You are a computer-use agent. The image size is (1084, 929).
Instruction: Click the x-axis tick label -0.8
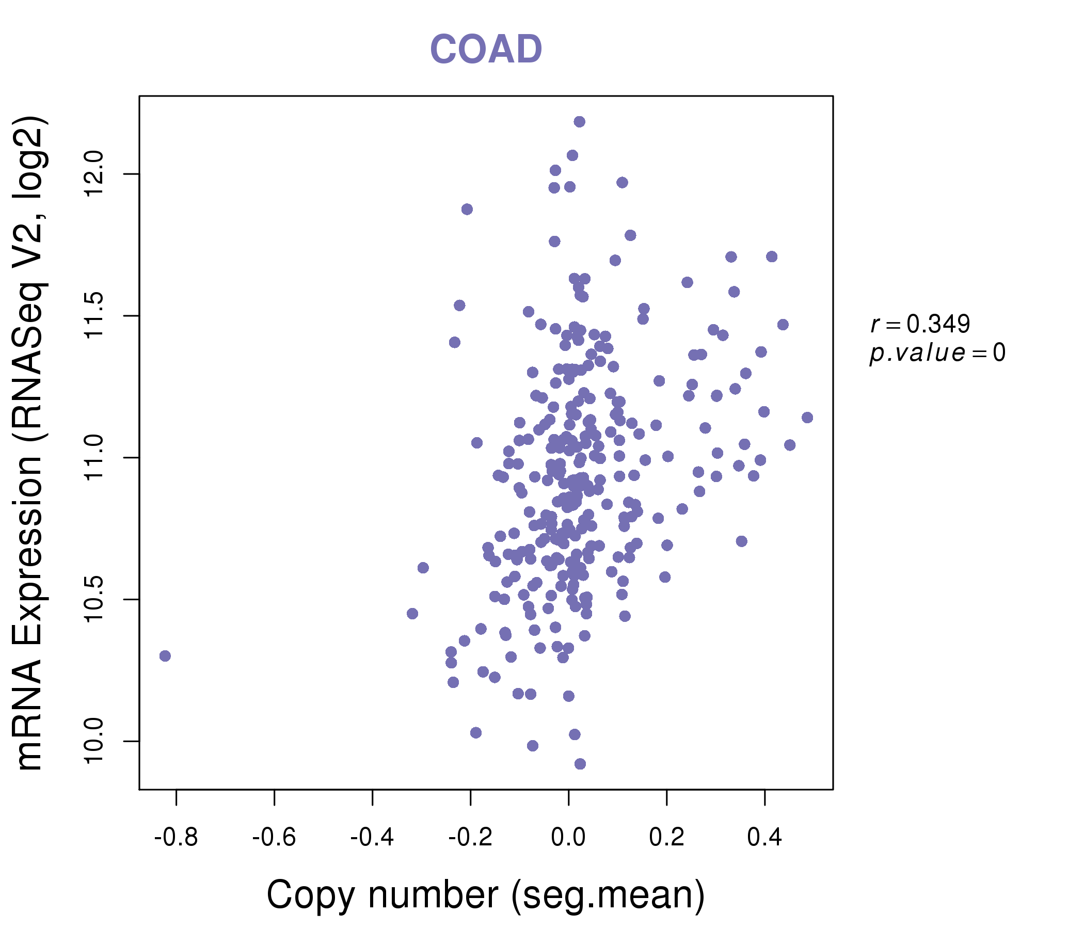[176, 838]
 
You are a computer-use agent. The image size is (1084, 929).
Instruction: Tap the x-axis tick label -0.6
[274, 838]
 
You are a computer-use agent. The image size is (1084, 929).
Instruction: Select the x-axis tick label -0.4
[372, 838]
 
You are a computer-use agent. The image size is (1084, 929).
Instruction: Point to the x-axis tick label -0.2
[470, 838]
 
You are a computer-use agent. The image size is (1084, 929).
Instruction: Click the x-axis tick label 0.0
[568, 838]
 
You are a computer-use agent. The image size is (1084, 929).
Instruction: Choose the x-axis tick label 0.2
[666, 838]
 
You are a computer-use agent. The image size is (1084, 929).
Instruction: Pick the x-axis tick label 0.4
[764, 838]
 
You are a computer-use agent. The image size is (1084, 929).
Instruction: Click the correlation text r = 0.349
[920, 325]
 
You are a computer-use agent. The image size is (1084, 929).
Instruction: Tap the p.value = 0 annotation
[937, 354]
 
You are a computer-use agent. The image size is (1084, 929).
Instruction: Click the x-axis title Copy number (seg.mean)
[486, 895]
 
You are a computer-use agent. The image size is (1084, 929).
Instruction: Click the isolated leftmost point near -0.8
[165, 656]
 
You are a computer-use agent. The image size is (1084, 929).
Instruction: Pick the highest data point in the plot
[579, 122]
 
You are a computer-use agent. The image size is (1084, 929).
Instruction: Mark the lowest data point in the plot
[580, 764]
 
